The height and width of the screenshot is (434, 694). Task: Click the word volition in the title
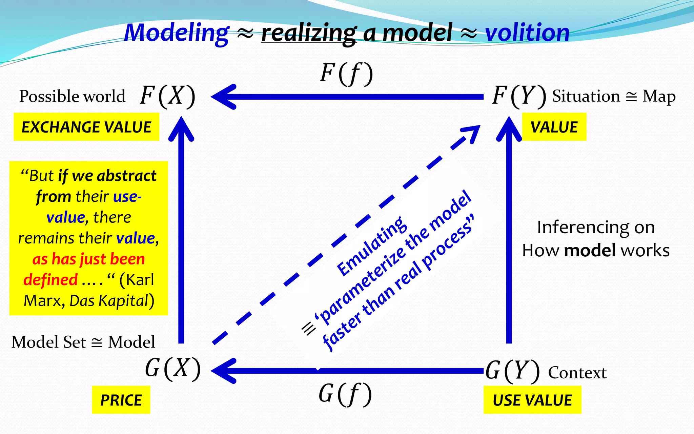point(527,33)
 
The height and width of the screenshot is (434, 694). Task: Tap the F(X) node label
point(168,96)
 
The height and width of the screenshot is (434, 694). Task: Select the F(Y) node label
point(519,96)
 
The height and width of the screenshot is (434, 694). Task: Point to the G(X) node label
point(173,369)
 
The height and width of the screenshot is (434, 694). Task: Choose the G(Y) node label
point(512,371)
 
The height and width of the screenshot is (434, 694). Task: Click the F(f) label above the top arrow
point(346,74)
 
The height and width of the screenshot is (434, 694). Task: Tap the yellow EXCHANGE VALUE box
point(86,127)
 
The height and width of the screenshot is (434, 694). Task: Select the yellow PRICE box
point(121,400)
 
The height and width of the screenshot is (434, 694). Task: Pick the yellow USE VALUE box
point(532,400)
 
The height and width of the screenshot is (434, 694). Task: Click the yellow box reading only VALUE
point(554,127)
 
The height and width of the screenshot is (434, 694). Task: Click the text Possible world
point(72,96)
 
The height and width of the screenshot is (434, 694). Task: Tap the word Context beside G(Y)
point(577,373)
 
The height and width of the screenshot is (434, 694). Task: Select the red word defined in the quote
point(50,280)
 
